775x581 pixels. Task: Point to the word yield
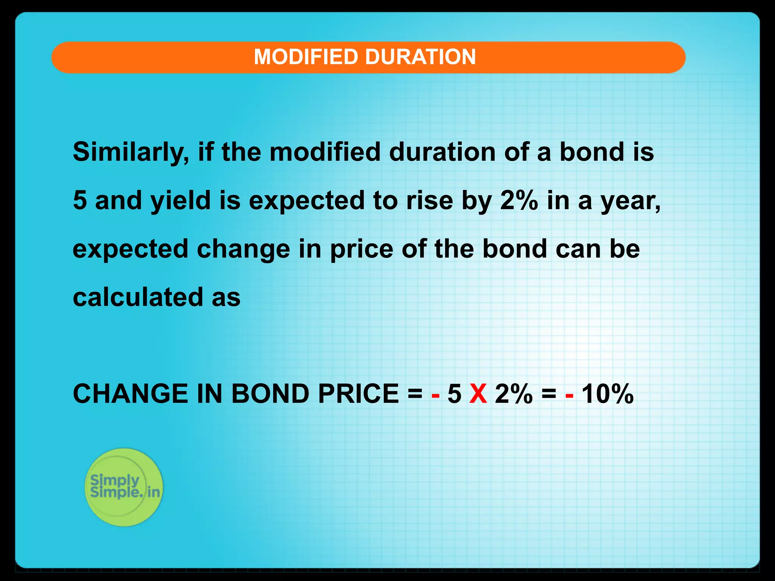coord(181,201)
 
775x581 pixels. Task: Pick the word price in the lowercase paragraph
coord(361,250)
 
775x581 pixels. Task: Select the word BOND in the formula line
coord(270,394)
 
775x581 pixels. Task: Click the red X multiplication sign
coord(478,394)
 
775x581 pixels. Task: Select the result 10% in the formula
coord(607,394)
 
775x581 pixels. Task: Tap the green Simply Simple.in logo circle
coord(124,487)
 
